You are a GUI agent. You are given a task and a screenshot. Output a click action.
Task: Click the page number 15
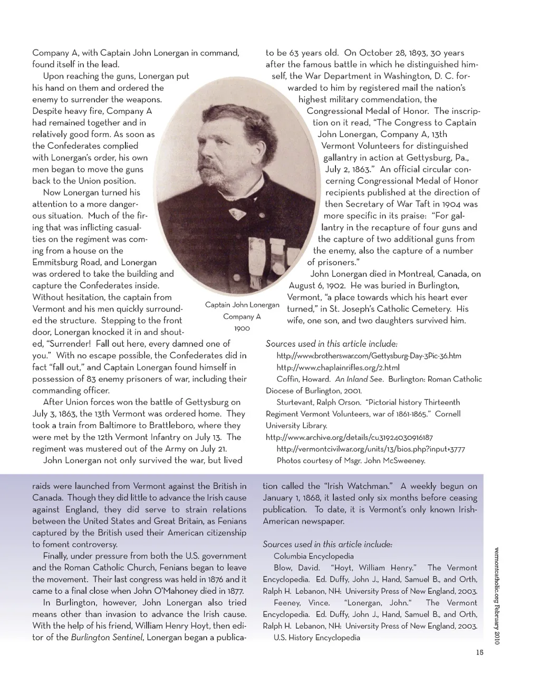[x=479, y=652]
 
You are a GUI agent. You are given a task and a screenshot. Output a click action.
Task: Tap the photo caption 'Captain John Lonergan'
[x=242, y=305]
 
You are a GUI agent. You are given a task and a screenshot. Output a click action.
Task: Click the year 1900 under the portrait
[x=242, y=328]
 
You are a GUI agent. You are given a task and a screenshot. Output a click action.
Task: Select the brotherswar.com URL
[x=369, y=355]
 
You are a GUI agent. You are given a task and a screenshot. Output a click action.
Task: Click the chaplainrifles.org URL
[x=337, y=367]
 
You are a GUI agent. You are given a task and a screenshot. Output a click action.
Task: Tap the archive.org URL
[x=349, y=437]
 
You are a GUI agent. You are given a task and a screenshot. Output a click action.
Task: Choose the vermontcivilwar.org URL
[x=371, y=449]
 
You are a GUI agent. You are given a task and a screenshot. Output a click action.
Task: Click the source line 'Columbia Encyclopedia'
[x=313, y=556]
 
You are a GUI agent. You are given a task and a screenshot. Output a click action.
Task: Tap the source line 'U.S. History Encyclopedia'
[x=316, y=637]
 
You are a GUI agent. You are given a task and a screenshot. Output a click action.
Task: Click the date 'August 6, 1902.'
[x=317, y=285]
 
